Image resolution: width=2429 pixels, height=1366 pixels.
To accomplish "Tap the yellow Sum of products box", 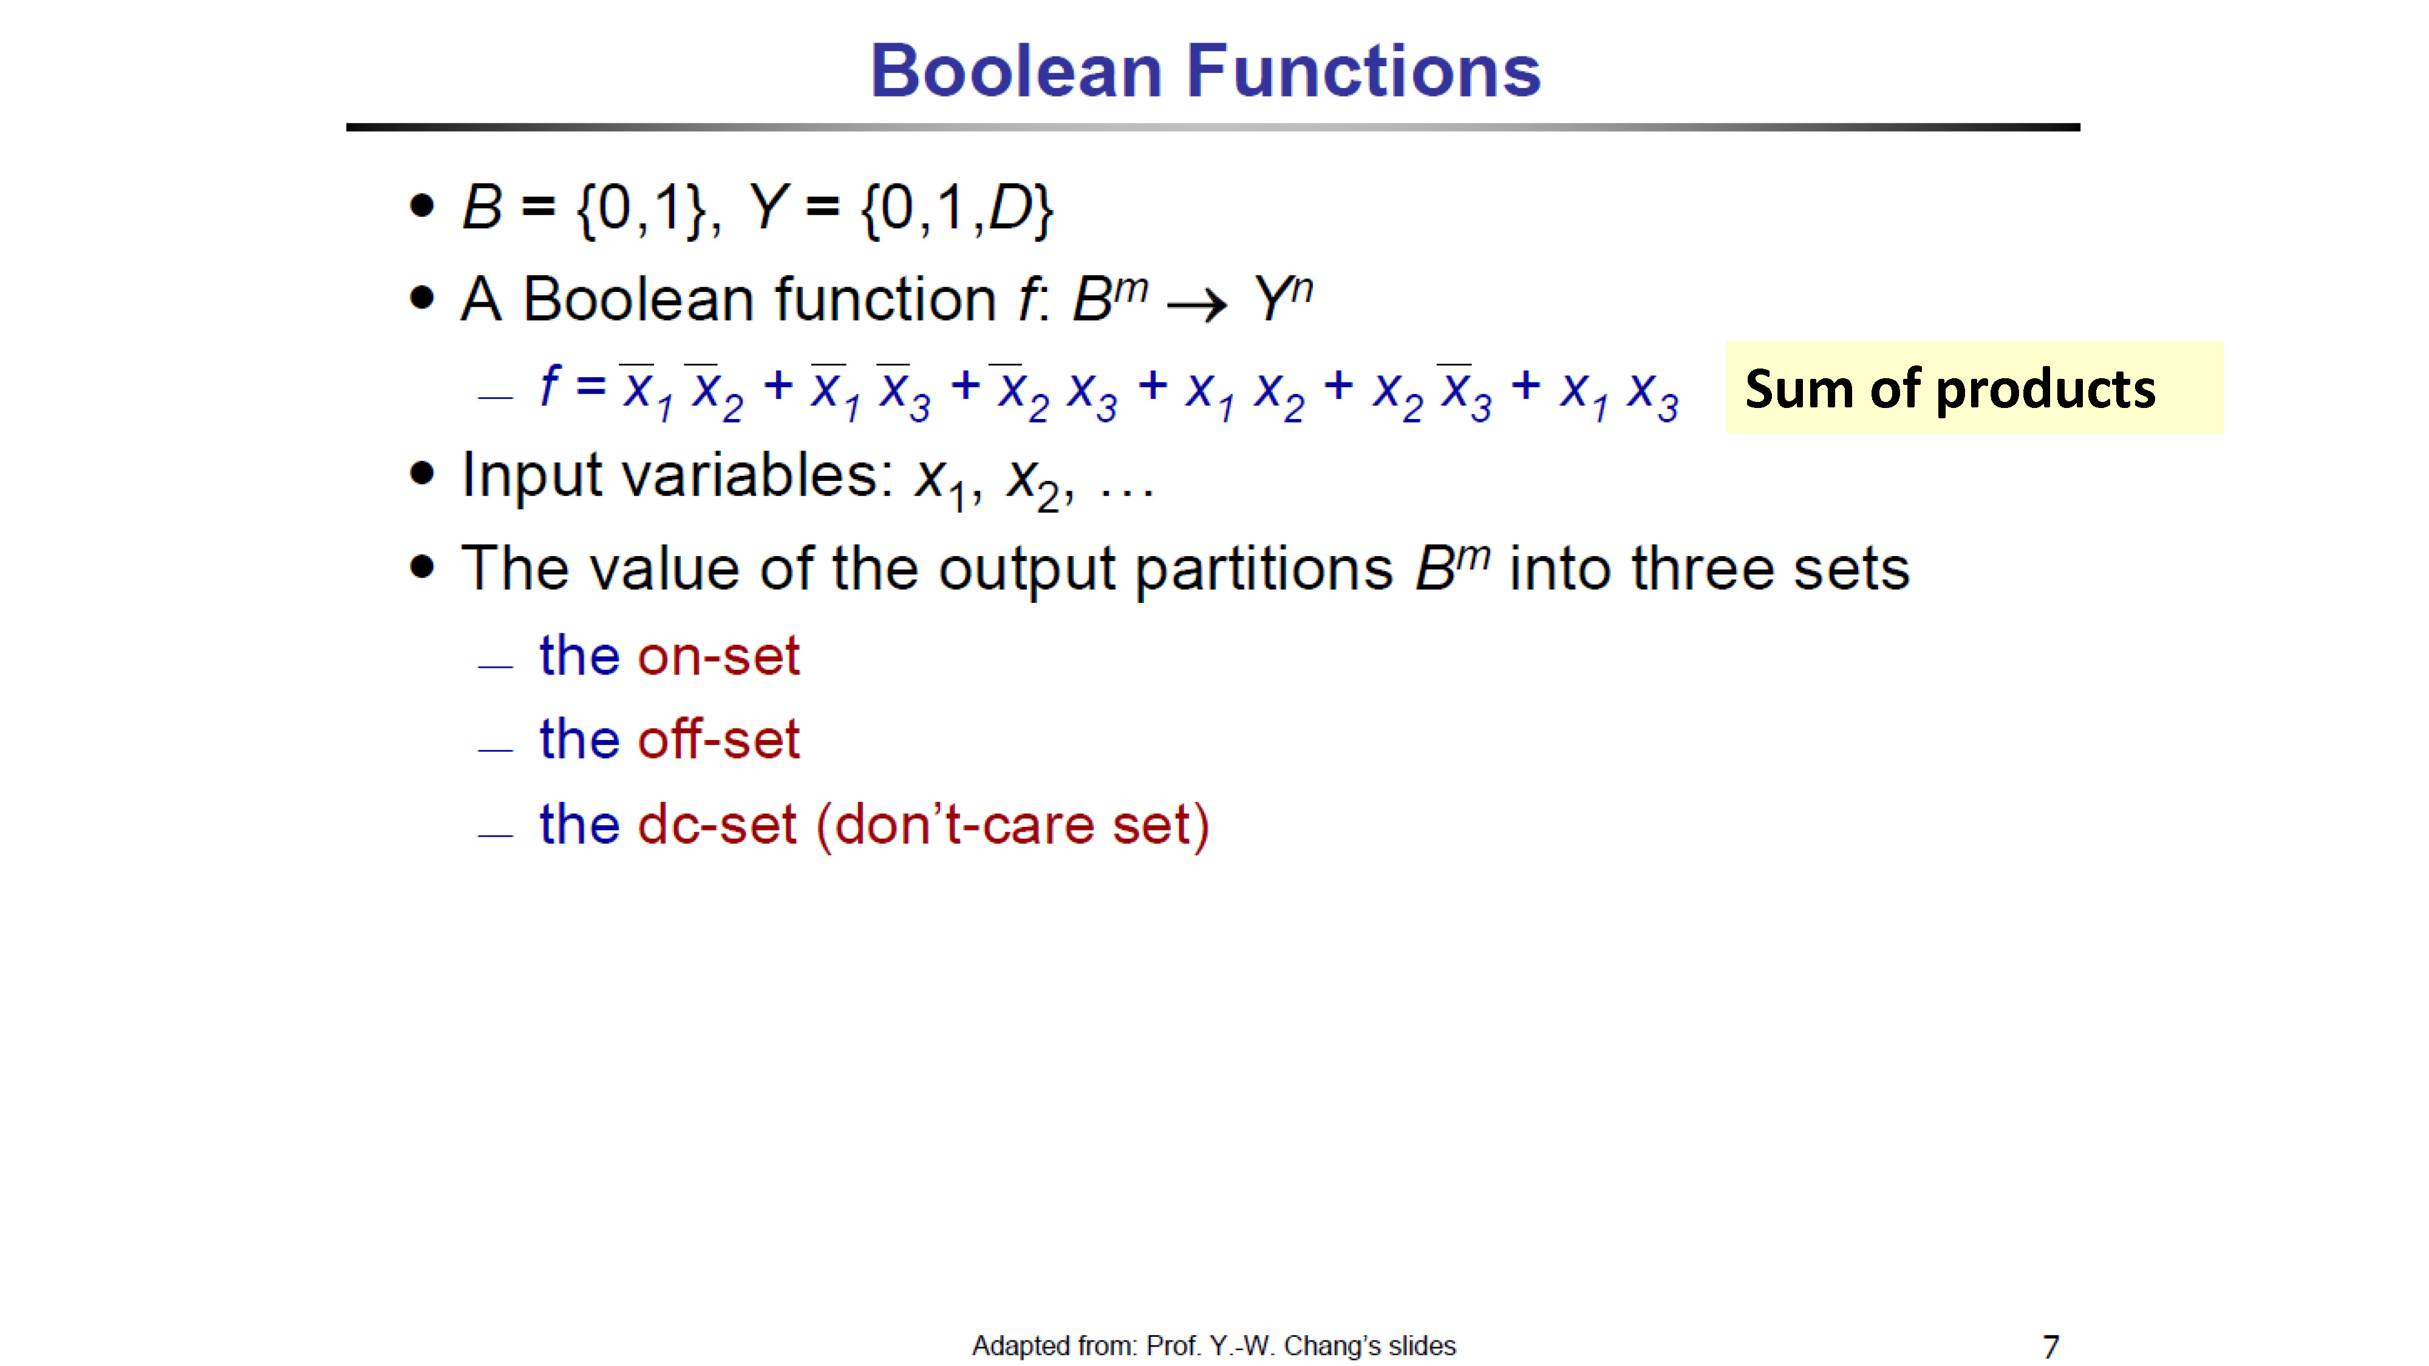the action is pyautogui.click(x=1975, y=387).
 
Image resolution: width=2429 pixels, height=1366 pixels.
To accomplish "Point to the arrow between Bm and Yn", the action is pyautogui.click(x=1196, y=305).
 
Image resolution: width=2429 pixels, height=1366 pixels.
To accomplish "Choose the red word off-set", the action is pyautogui.click(x=718, y=738).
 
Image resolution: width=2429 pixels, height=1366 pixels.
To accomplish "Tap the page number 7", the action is pyautogui.click(x=2050, y=1346).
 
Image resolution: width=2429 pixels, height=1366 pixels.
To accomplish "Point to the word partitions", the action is pyautogui.click(x=1264, y=569).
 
